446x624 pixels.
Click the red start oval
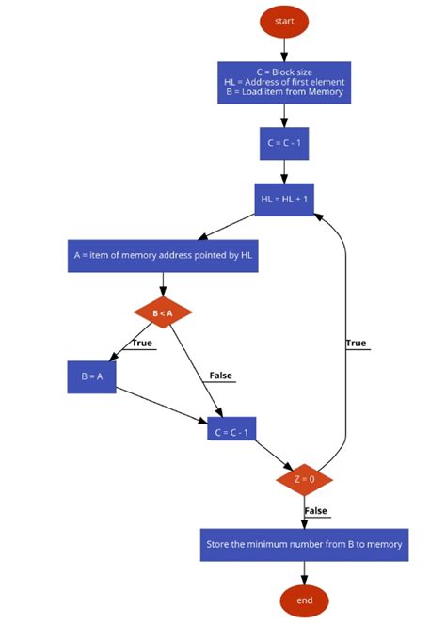[x=284, y=20]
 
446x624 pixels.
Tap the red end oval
[x=304, y=600]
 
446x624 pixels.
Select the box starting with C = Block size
[x=284, y=82]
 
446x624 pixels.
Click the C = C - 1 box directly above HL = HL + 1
[x=284, y=143]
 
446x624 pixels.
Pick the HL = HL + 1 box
[x=284, y=200]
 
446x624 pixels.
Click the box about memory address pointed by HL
[x=164, y=255]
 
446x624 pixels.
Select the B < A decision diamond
[x=164, y=312]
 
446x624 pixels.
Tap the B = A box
[x=91, y=376]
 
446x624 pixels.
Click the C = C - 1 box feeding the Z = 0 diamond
[x=231, y=432]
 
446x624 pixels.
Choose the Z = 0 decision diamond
[x=304, y=479]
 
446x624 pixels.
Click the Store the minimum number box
[x=304, y=544]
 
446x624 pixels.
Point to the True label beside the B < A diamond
[x=142, y=344]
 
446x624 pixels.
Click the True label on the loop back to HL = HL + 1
[x=356, y=344]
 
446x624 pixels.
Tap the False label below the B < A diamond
[x=220, y=376]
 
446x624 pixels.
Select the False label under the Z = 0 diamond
[x=316, y=511]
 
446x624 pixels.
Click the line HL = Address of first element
[x=284, y=82]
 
